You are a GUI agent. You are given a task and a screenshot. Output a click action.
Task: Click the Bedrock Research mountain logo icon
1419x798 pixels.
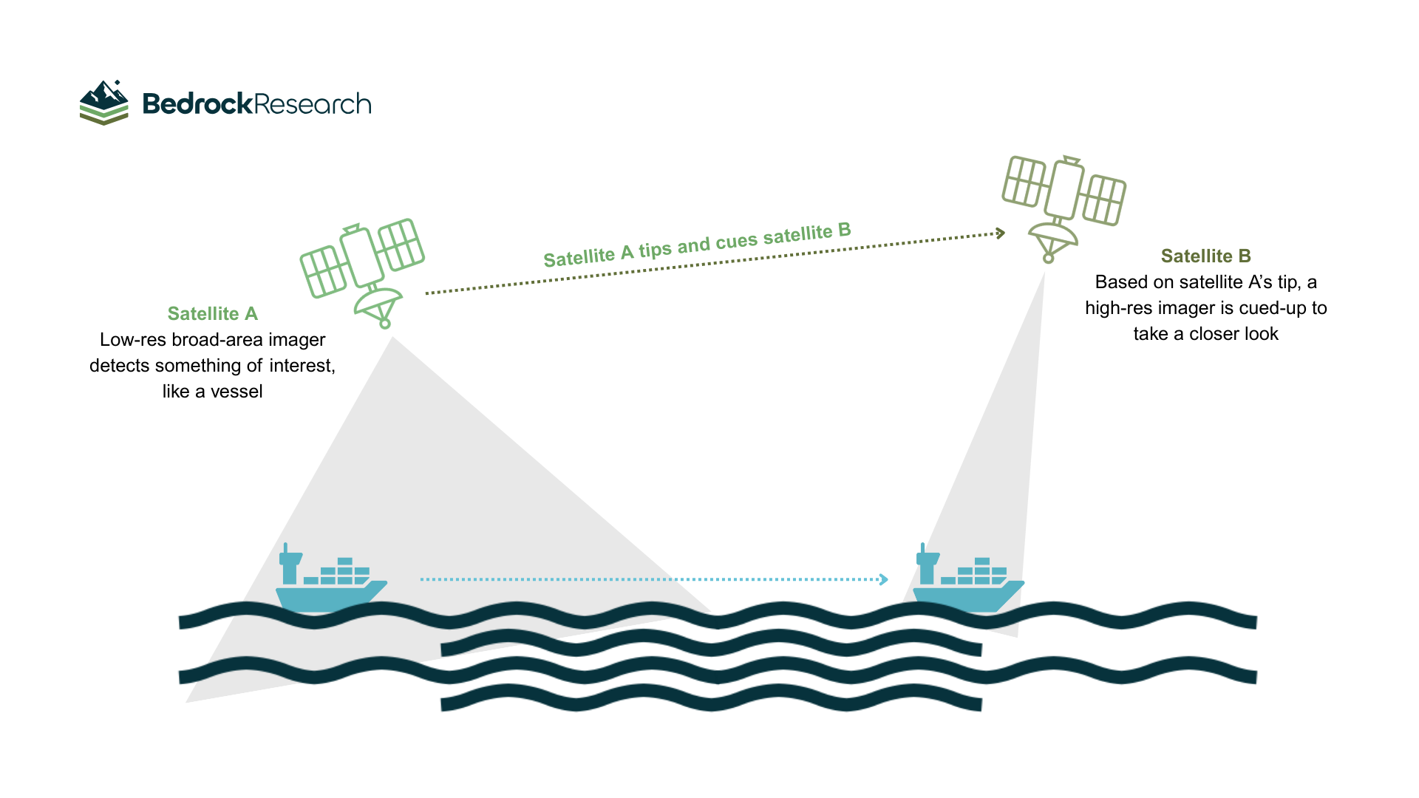(x=104, y=103)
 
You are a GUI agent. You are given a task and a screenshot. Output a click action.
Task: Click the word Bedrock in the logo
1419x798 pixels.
(x=197, y=104)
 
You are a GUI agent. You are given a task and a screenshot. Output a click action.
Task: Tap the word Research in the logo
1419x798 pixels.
(x=313, y=104)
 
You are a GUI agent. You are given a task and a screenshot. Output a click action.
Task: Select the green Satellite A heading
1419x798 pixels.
(x=213, y=314)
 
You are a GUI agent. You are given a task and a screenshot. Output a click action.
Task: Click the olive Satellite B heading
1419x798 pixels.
(x=1205, y=256)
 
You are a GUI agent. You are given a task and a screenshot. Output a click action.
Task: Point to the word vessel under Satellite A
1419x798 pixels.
(x=236, y=392)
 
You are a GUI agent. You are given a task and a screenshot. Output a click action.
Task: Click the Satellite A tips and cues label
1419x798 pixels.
(x=697, y=245)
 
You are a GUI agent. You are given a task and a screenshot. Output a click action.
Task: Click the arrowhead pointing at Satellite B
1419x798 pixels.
(x=1001, y=233)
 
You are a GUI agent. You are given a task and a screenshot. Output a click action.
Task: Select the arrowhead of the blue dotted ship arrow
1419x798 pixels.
(x=884, y=579)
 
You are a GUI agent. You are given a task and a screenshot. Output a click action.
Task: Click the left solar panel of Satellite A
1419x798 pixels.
(x=324, y=271)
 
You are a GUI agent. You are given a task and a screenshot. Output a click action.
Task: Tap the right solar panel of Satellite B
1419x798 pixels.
(x=1104, y=199)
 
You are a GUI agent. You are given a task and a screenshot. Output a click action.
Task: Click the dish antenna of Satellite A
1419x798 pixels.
(x=378, y=302)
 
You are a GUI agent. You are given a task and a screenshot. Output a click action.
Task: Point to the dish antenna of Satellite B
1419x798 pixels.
(x=1053, y=238)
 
